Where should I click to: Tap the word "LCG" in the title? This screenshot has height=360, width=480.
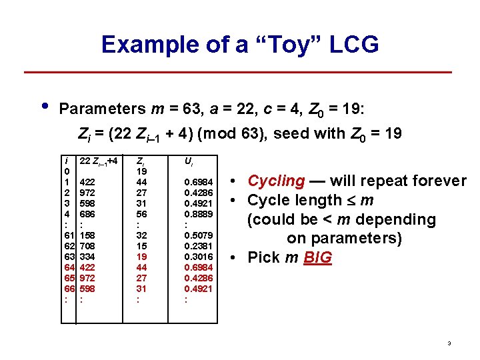click(x=353, y=45)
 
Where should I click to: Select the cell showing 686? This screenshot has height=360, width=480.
click(x=88, y=214)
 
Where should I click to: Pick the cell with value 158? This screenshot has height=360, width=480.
click(x=88, y=235)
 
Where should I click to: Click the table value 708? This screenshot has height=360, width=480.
click(x=88, y=246)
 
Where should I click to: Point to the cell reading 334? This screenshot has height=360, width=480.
click(x=88, y=257)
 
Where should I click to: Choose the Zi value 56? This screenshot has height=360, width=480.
click(x=141, y=214)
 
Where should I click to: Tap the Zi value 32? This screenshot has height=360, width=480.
click(x=141, y=235)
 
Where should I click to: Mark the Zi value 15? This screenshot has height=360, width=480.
click(x=141, y=246)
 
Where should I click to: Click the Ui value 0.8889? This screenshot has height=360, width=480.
click(x=199, y=214)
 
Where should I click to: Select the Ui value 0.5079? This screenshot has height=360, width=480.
click(x=199, y=235)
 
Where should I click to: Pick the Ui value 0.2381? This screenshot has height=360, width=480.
click(x=199, y=246)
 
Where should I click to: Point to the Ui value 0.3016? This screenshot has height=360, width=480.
click(x=199, y=257)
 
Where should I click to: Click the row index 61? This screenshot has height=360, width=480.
click(x=69, y=235)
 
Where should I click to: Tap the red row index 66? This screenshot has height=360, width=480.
click(x=69, y=289)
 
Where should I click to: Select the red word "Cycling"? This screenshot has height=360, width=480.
click(x=276, y=181)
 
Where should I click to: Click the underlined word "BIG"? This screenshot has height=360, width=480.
click(x=317, y=257)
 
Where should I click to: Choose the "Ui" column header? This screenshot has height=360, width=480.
click(x=189, y=161)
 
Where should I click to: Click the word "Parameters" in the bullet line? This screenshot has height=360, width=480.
click(x=101, y=108)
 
